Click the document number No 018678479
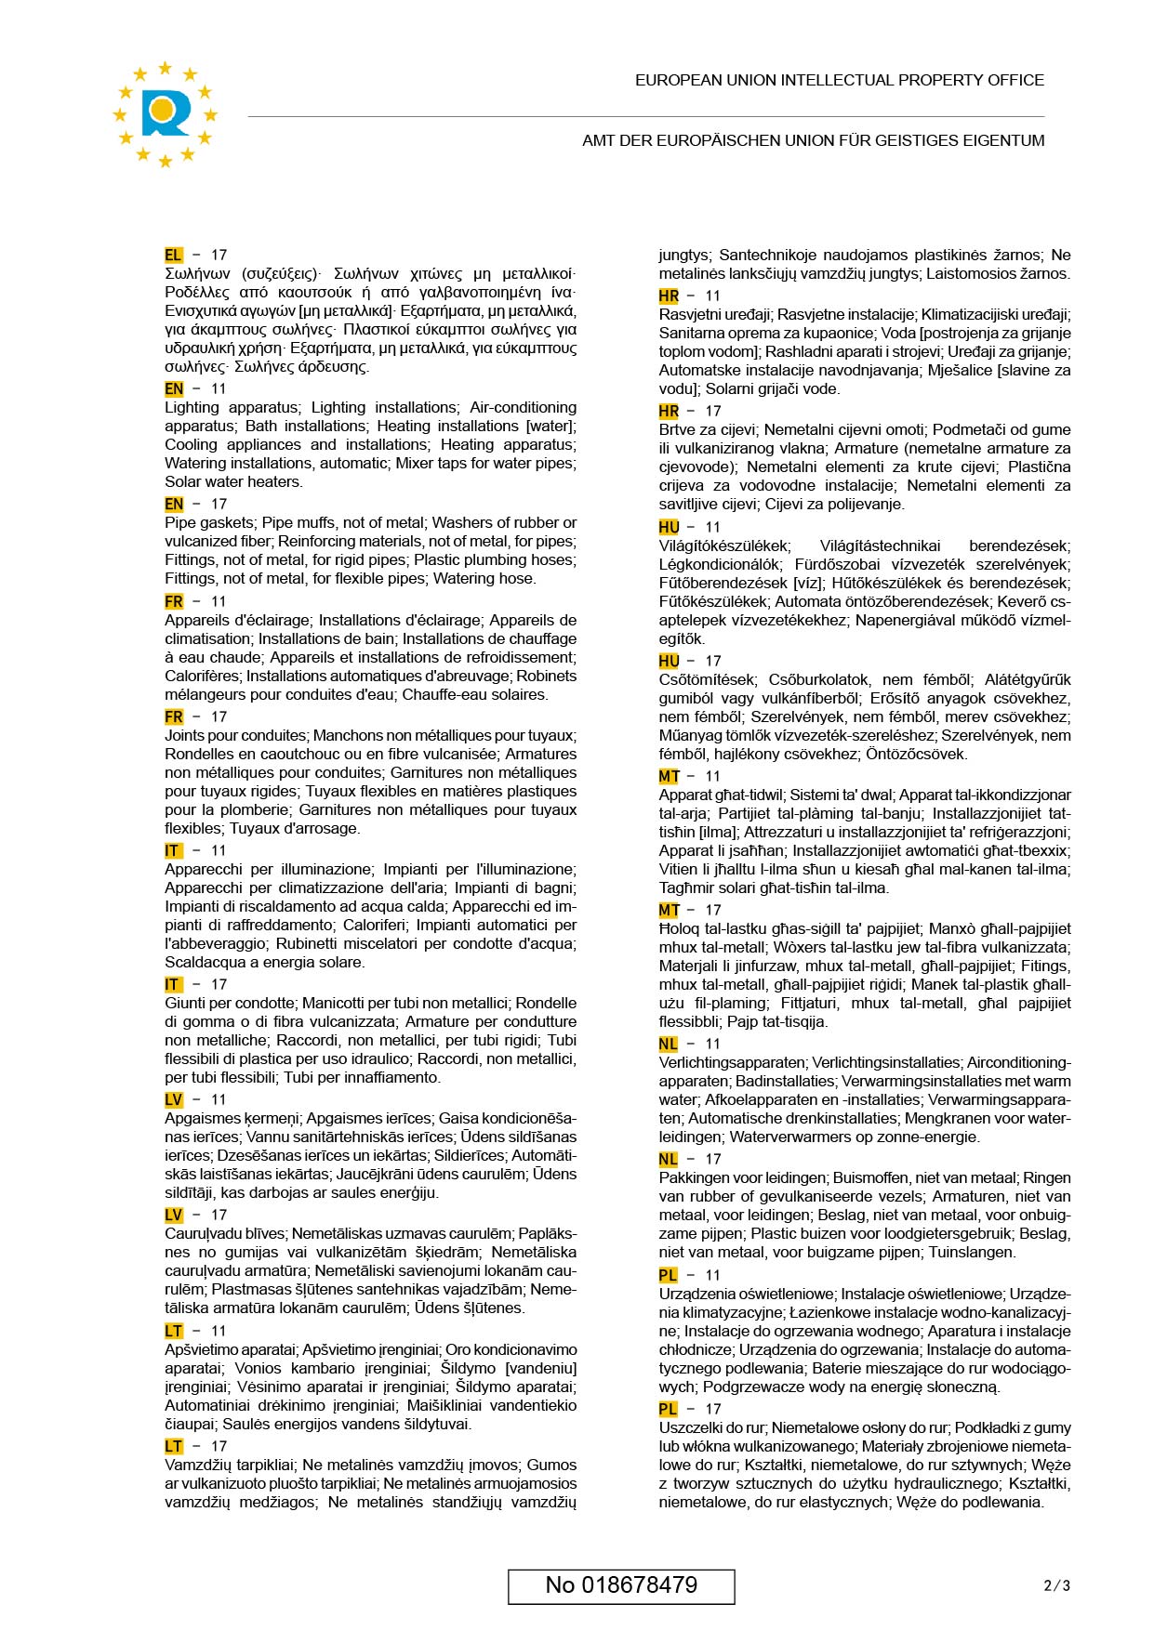coord(621,1584)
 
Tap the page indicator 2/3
coord(1057,1585)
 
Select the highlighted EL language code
coord(174,255)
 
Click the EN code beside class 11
coord(174,388)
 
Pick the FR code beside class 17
coord(174,716)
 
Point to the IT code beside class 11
coord(173,850)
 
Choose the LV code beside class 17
coord(174,1215)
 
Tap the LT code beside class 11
coord(174,1331)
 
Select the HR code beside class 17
coord(669,411)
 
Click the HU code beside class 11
coord(669,527)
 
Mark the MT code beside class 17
coord(669,910)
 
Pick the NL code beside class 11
coord(669,1044)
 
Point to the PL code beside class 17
coord(669,1409)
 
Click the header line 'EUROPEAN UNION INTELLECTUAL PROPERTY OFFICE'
coord(839,81)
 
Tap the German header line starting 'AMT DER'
coord(813,141)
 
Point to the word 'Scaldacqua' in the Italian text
coord(202,962)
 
